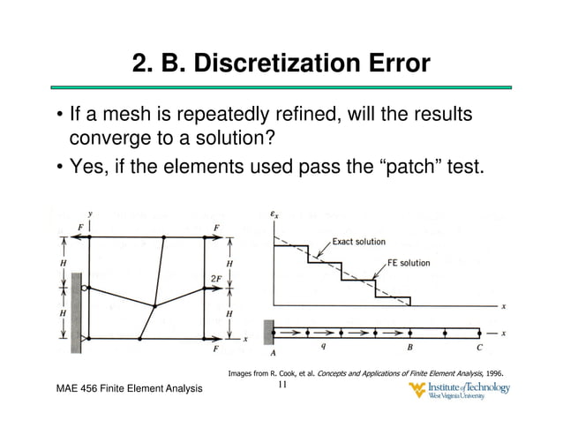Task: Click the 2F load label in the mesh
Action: (215, 279)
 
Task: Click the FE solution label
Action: (409, 263)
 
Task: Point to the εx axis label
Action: (275, 214)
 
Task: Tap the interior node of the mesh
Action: (154, 305)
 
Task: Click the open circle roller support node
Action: (83, 288)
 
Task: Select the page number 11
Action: (282, 386)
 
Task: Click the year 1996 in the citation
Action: (492, 373)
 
